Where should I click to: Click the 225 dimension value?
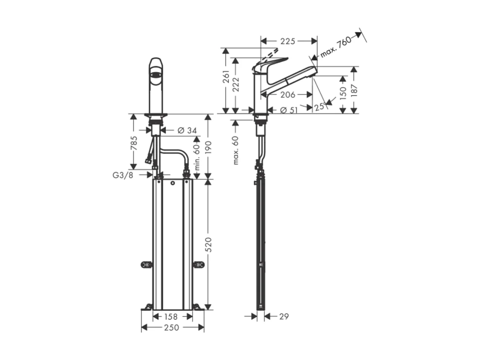click(x=288, y=41)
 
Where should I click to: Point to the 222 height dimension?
click(x=236, y=84)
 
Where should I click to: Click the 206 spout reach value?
click(x=288, y=94)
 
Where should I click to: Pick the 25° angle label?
click(x=320, y=107)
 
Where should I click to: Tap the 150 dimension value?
click(x=343, y=94)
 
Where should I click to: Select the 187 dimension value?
click(x=354, y=90)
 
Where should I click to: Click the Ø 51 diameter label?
click(x=289, y=110)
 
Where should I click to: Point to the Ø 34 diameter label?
click(x=187, y=130)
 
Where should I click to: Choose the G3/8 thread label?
click(x=123, y=175)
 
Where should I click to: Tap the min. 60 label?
click(x=197, y=156)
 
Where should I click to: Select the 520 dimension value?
click(x=208, y=245)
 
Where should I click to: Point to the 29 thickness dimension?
click(x=284, y=317)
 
